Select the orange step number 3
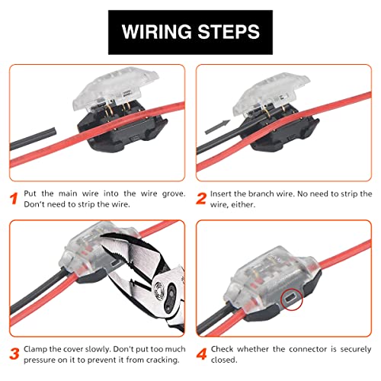[14, 353]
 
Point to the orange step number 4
[201, 353]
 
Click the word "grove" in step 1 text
[167, 195]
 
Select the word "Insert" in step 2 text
[226, 195]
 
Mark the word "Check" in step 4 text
[226, 347]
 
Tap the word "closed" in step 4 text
[226, 360]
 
